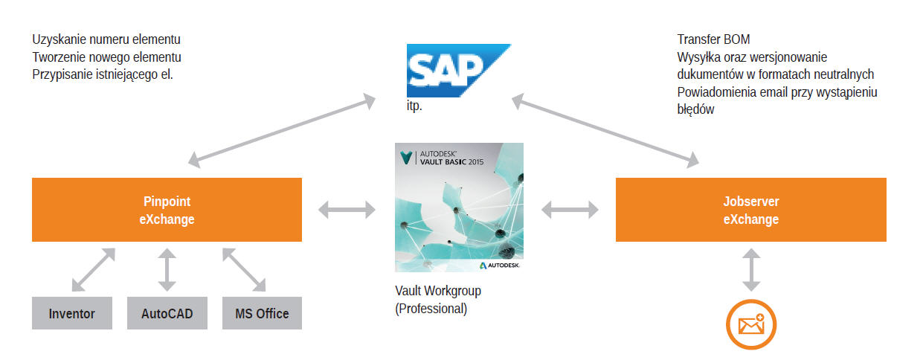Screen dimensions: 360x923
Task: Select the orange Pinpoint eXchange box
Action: (x=167, y=210)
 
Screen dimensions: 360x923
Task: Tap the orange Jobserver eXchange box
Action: (x=750, y=210)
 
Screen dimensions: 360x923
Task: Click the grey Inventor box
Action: (x=71, y=313)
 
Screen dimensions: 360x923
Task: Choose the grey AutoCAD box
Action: (x=167, y=313)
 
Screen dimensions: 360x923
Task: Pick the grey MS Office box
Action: (x=262, y=313)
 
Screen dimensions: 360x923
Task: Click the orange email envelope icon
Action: (x=751, y=324)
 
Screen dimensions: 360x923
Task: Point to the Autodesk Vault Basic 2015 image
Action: (x=459, y=208)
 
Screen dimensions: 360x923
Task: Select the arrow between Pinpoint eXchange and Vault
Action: (x=347, y=210)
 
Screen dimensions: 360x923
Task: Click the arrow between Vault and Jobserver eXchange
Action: (x=570, y=210)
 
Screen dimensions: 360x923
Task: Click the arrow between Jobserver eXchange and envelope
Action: (x=751, y=269)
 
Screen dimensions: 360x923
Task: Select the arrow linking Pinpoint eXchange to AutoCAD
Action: (x=167, y=269)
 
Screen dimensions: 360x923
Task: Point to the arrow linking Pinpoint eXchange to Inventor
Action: (x=93, y=269)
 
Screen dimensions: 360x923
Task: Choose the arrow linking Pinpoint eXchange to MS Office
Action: (x=244, y=269)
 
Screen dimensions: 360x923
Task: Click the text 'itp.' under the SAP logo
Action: (x=414, y=106)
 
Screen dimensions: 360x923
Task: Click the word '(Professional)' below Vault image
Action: (x=431, y=309)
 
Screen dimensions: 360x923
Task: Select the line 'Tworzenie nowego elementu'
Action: (x=107, y=57)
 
